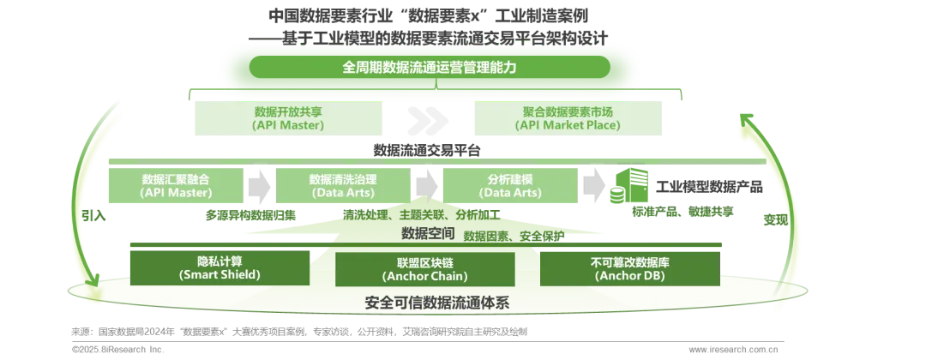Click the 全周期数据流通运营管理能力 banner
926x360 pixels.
(x=430, y=67)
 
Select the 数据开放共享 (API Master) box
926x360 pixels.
(x=288, y=117)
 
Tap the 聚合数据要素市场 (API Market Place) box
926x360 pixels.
(x=568, y=117)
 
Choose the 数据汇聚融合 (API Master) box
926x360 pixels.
(x=176, y=186)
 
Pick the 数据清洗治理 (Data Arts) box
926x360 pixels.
(x=343, y=186)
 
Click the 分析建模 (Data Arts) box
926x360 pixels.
(x=510, y=186)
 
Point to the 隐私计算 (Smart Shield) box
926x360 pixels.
(x=219, y=267)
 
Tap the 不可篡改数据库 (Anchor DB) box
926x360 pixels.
(x=629, y=267)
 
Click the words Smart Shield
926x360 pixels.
(x=219, y=275)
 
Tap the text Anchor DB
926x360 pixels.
(x=629, y=275)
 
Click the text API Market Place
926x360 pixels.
(x=568, y=125)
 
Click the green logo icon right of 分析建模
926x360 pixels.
(x=629, y=185)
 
